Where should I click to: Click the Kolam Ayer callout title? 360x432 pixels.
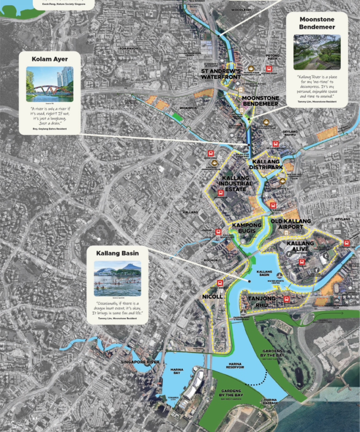click(x=50, y=60)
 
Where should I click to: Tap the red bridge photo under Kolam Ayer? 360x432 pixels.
click(x=50, y=84)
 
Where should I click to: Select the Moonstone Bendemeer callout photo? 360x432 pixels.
click(x=317, y=52)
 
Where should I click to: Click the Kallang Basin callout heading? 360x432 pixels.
click(x=117, y=253)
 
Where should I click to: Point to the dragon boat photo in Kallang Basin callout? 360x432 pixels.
click(x=117, y=278)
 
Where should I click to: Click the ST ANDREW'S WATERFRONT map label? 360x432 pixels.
click(x=221, y=74)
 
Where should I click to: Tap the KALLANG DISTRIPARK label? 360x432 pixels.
click(x=266, y=164)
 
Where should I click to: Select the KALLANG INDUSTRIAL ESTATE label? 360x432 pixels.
click(x=237, y=184)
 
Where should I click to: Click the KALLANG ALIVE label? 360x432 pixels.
click(x=300, y=246)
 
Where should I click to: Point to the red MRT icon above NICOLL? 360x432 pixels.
click(x=220, y=283)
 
